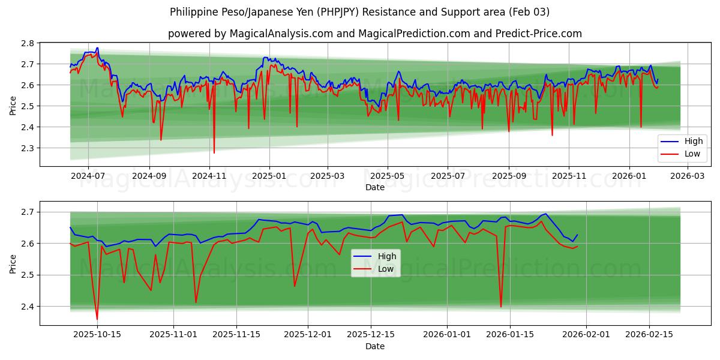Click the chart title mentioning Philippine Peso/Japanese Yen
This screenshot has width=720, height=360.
click(x=359, y=12)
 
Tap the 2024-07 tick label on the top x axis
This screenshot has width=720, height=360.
click(x=88, y=176)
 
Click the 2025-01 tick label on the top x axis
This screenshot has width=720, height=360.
click(x=269, y=176)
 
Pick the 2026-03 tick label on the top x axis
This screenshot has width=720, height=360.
click(x=688, y=176)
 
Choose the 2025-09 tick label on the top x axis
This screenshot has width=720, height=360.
click(x=509, y=176)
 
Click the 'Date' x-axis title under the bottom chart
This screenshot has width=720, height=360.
click(x=374, y=346)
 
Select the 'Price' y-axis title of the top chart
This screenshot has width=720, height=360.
click(x=13, y=105)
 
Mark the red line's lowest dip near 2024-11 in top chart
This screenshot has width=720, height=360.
click(x=214, y=153)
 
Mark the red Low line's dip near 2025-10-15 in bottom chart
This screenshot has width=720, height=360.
click(x=97, y=319)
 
